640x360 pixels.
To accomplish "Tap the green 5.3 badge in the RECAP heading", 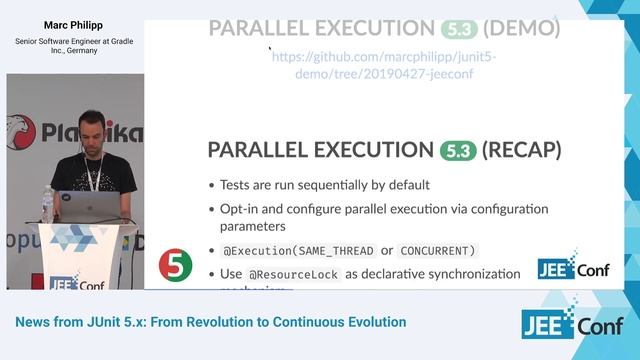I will point(457,150).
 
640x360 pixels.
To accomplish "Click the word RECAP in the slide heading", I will point(522,150).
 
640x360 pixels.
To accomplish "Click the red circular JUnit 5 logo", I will point(176,265).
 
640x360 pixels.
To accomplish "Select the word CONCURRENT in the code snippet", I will point(437,249).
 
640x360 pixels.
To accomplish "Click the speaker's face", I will point(92,130).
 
